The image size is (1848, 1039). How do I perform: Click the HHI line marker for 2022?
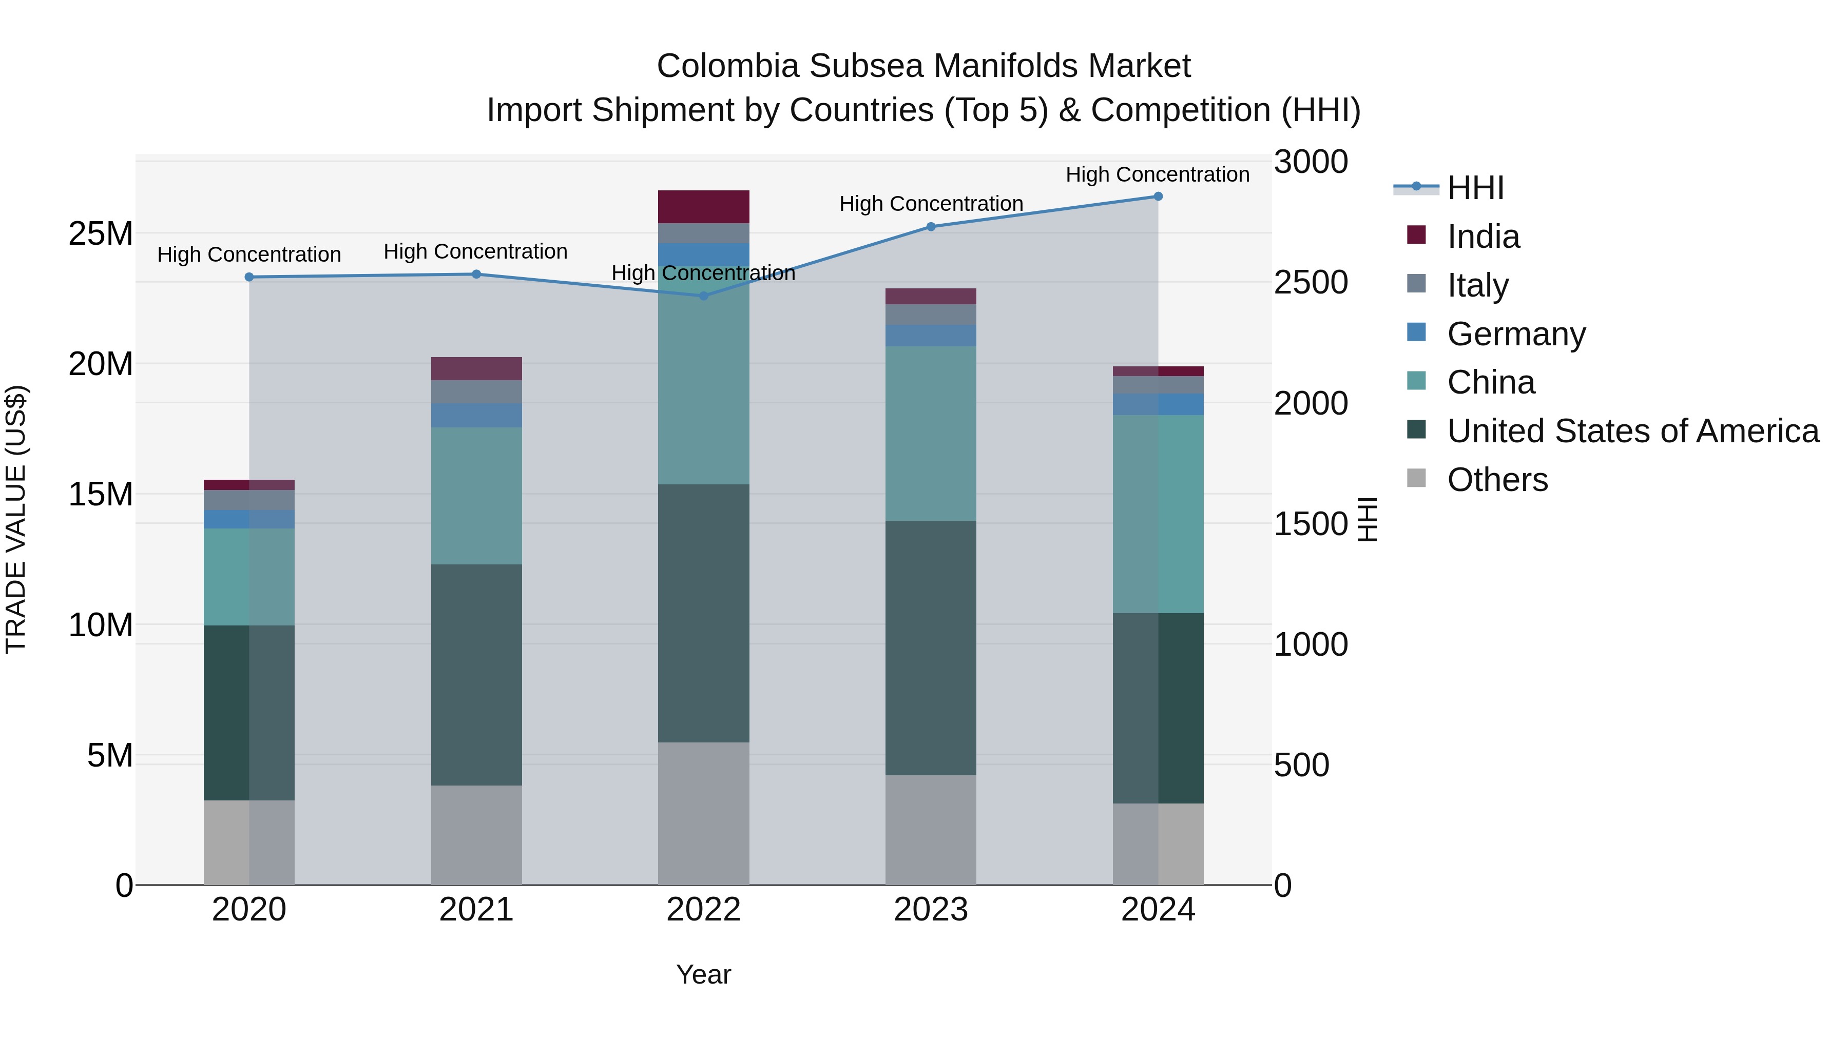coord(703,296)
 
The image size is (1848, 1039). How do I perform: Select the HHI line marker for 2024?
coord(1158,197)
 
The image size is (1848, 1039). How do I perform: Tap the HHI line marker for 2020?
coord(249,277)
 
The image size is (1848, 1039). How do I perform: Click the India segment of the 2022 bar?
coord(703,206)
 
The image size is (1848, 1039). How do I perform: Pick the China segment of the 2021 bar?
coord(476,496)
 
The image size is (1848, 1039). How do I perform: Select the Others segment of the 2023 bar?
coord(931,830)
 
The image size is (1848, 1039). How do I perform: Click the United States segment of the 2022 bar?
coord(703,613)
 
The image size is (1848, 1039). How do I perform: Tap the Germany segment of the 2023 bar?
coord(931,336)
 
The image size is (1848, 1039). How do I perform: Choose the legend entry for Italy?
coord(1478,285)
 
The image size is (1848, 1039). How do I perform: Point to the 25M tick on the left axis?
coord(101,234)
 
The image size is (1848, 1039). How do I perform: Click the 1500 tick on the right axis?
coord(1310,524)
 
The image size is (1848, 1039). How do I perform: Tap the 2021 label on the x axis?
coord(476,910)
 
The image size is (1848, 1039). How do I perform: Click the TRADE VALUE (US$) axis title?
coord(16,519)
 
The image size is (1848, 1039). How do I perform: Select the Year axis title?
coord(703,974)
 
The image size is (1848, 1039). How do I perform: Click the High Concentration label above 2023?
coord(931,204)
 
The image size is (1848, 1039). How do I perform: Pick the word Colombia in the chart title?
coord(727,66)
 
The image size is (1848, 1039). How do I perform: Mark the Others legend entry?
coord(1497,480)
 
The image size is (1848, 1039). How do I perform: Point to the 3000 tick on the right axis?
coord(1310,162)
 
